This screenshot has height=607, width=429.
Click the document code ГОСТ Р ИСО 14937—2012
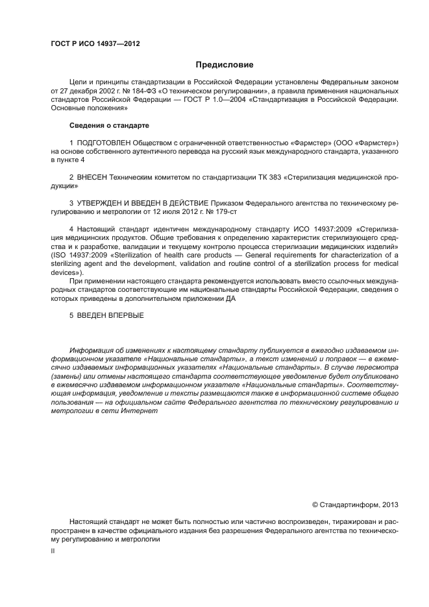pyautogui.click(x=95, y=44)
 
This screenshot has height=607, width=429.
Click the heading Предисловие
pyautogui.click(x=225, y=65)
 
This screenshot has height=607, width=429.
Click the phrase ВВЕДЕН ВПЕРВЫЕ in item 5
pyautogui.click(x=111, y=316)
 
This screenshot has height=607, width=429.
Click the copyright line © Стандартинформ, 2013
pyautogui.click(x=355, y=504)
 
